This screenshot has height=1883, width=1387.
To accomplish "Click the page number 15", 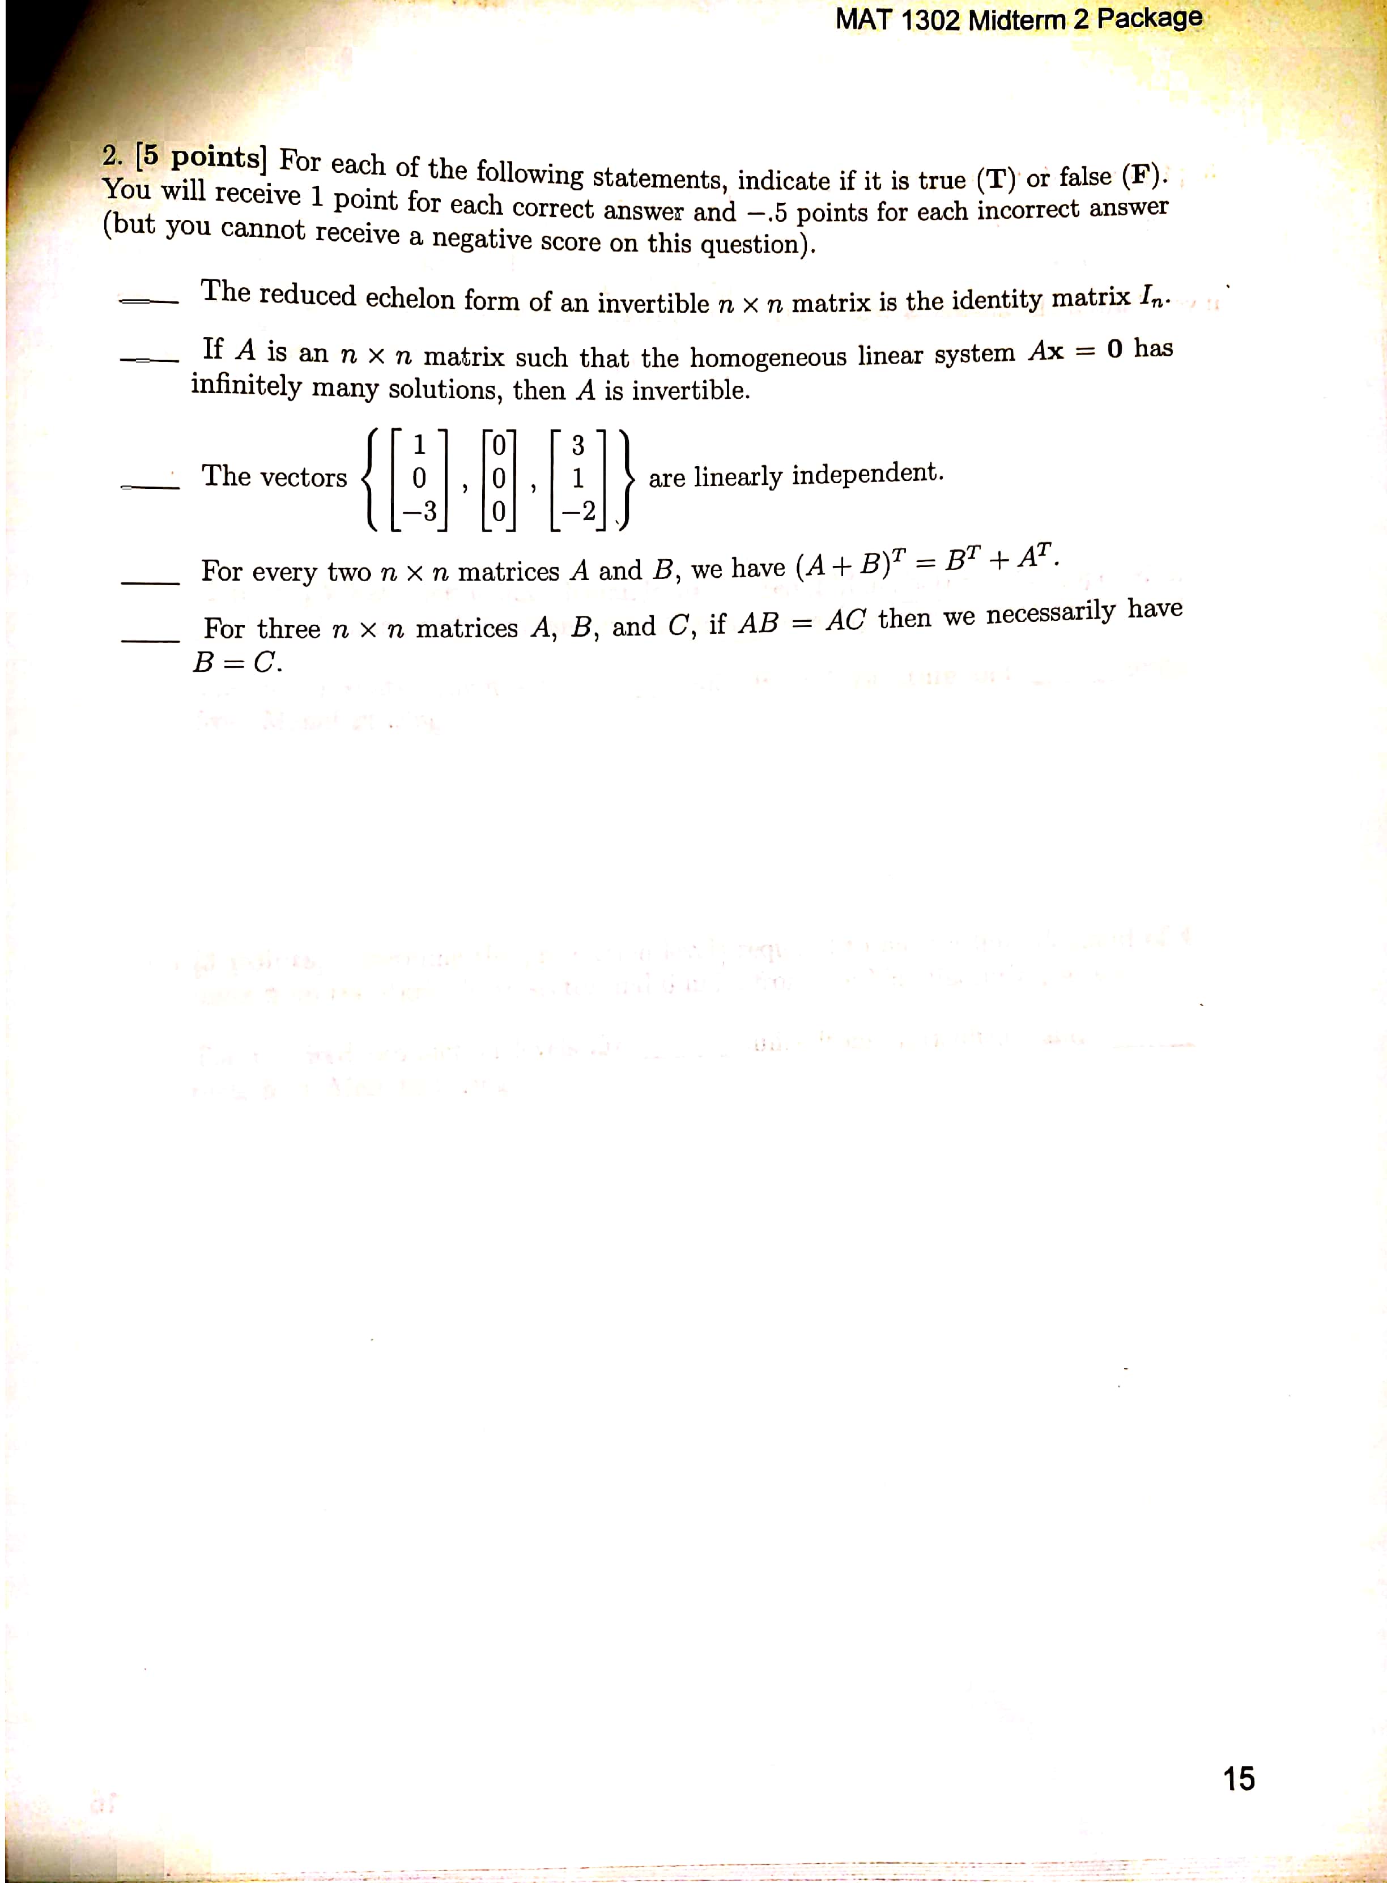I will pyautogui.click(x=1239, y=1778).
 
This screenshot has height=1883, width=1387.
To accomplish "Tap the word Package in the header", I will pyautogui.click(x=1150, y=18).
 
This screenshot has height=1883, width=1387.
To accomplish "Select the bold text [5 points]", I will pyautogui.click(x=202, y=156).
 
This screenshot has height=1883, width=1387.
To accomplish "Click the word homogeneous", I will pyautogui.click(x=768, y=357).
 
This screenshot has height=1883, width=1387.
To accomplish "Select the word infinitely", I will pyautogui.click(x=245, y=385).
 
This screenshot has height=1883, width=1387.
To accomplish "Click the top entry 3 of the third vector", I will pyautogui.click(x=578, y=445).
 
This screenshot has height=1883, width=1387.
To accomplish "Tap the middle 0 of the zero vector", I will pyautogui.click(x=499, y=479).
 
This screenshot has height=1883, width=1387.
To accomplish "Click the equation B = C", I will pyautogui.click(x=237, y=662).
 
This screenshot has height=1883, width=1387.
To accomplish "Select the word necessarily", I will pyautogui.click(x=1050, y=614).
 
